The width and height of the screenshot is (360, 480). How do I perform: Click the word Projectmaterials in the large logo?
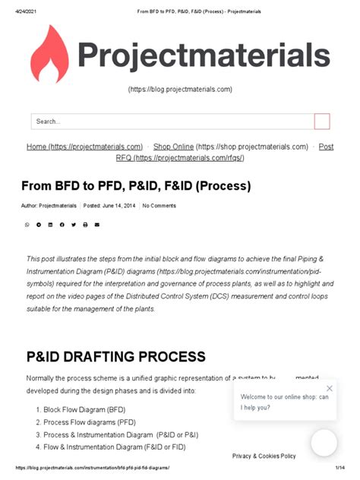coord(204,55)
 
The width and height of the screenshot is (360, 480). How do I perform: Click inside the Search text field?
coord(172,122)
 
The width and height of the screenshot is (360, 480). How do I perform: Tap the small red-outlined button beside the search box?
coord(322,122)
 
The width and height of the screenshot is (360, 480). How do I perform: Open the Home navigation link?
coord(84,147)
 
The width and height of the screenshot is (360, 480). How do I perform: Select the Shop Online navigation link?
coord(231,147)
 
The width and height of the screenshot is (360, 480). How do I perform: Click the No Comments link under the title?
coord(159,206)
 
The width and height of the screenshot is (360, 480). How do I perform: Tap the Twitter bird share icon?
coord(74,225)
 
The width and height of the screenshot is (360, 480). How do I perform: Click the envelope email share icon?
coord(97,225)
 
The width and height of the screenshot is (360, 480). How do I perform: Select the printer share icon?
coord(85,225)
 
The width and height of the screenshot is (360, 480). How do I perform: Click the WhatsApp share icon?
coord(27,225)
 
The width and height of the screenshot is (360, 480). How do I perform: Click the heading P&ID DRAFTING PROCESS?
coord(115,356)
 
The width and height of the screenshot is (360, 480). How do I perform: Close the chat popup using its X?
coord(329,388)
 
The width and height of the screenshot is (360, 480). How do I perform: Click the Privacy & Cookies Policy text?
coord(264,456)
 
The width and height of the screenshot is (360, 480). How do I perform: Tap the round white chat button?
coord(324,443)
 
